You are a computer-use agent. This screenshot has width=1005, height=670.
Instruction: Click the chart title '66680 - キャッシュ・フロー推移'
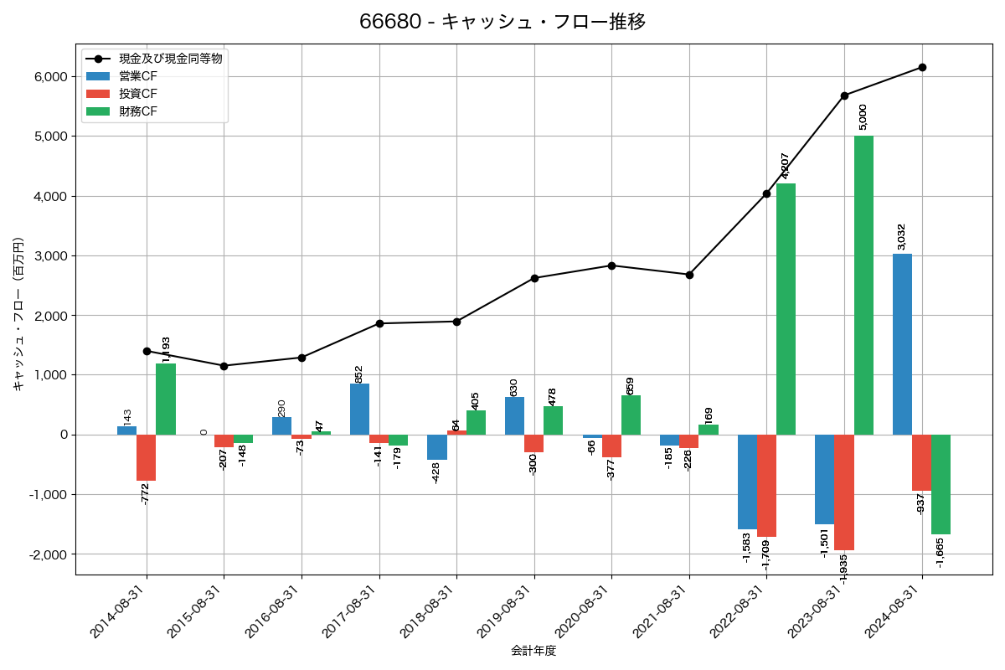click(x=502, y=22)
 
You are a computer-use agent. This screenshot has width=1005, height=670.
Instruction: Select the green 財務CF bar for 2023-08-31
click(x=863, y=285)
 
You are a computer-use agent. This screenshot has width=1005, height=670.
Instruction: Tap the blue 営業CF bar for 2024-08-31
click(x=902, y=343)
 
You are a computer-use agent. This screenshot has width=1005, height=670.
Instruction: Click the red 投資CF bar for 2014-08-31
click(x=147, y=457)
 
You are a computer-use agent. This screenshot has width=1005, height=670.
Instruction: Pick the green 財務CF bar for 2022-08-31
click(x=786, y=309)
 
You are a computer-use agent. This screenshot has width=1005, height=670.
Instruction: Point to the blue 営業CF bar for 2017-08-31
click(x=359, y=409)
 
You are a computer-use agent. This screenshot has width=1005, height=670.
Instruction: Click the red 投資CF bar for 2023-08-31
click(x=844, y=492)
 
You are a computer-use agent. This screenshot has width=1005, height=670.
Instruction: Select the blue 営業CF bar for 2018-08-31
click(x=437, y=447)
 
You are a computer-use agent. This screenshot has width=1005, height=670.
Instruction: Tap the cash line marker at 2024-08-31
click(x=922, y=67)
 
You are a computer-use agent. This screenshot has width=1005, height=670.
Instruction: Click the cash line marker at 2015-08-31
click(x=224, y=366)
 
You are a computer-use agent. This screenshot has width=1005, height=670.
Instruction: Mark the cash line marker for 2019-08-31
click(x=534, y=278)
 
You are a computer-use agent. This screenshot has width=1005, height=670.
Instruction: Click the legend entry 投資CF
click(x=138, y=94)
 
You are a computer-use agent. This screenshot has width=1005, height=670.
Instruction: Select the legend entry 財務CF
click(x=138, y=111)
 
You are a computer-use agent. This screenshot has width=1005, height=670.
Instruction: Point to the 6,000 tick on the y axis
click(x=49, y=76)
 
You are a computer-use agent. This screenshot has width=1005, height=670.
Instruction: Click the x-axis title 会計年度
click(x=533, y=651)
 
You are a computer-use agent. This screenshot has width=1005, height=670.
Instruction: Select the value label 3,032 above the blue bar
click(x=902, y=236)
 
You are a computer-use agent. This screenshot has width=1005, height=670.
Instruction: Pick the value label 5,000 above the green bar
click(x=863, y=116)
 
